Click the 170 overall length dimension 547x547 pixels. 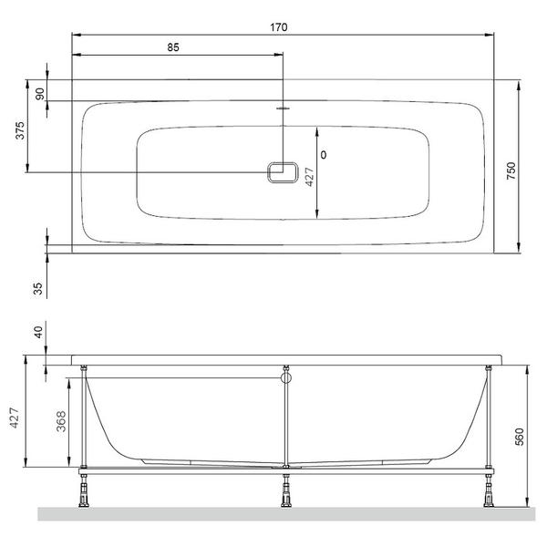pos(279,27)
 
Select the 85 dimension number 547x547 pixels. pos(173,47)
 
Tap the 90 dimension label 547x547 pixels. pos(40,94)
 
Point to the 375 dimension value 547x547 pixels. pos(20,130)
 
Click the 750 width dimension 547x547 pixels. pos(511,170)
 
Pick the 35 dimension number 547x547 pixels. pos(37,289)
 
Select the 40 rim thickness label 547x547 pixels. pos(38,332)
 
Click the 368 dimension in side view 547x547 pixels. pos(61,421)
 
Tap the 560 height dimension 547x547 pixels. pos(520,437)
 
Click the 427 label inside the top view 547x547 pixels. pos(309,177)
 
